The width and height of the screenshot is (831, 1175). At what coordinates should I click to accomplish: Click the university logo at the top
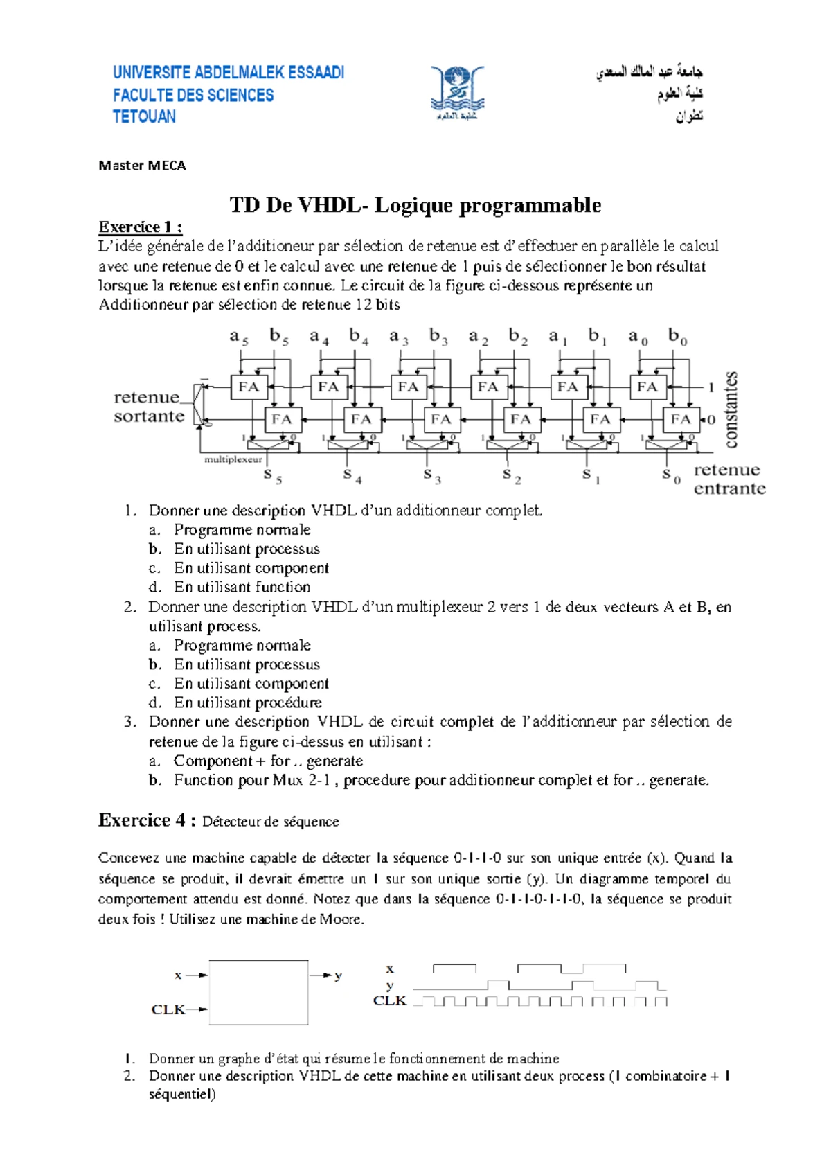(x=456, y=93)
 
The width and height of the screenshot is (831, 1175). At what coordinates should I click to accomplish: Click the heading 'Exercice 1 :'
(x=141, y=227)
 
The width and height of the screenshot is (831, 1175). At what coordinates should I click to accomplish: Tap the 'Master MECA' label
(x=142, y=166)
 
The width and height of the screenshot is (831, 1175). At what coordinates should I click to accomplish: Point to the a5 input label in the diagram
(x=239, y=337)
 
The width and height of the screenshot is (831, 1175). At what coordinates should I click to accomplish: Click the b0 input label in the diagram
(x=677, y=337)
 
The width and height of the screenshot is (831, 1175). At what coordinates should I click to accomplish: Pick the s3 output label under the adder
(x=432, y=475)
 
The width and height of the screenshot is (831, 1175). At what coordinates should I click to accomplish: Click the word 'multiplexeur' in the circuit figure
(x=233, y=459)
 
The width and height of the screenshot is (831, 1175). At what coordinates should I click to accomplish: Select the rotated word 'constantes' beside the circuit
(x=731, y=409)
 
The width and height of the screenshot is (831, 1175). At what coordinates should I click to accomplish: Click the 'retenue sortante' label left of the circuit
(x=149, y=407)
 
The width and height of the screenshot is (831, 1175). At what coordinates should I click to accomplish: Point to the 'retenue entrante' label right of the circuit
(x=729, y=479)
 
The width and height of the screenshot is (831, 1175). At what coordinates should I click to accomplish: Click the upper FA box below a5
(x=249, y=387)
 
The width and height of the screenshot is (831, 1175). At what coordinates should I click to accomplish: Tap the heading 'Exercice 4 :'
(x=148, y=820)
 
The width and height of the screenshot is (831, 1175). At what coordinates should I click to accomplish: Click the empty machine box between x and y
(x=258, y=992)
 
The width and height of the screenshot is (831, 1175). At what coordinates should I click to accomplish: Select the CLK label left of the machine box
(x=168, y=1009)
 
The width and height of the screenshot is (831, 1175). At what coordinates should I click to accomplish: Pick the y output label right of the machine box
(x=338, y=975)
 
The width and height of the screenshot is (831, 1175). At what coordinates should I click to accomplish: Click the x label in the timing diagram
(x=390, y=969)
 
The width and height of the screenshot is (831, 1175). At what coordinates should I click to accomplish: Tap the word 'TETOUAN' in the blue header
(x=144, y=116)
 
